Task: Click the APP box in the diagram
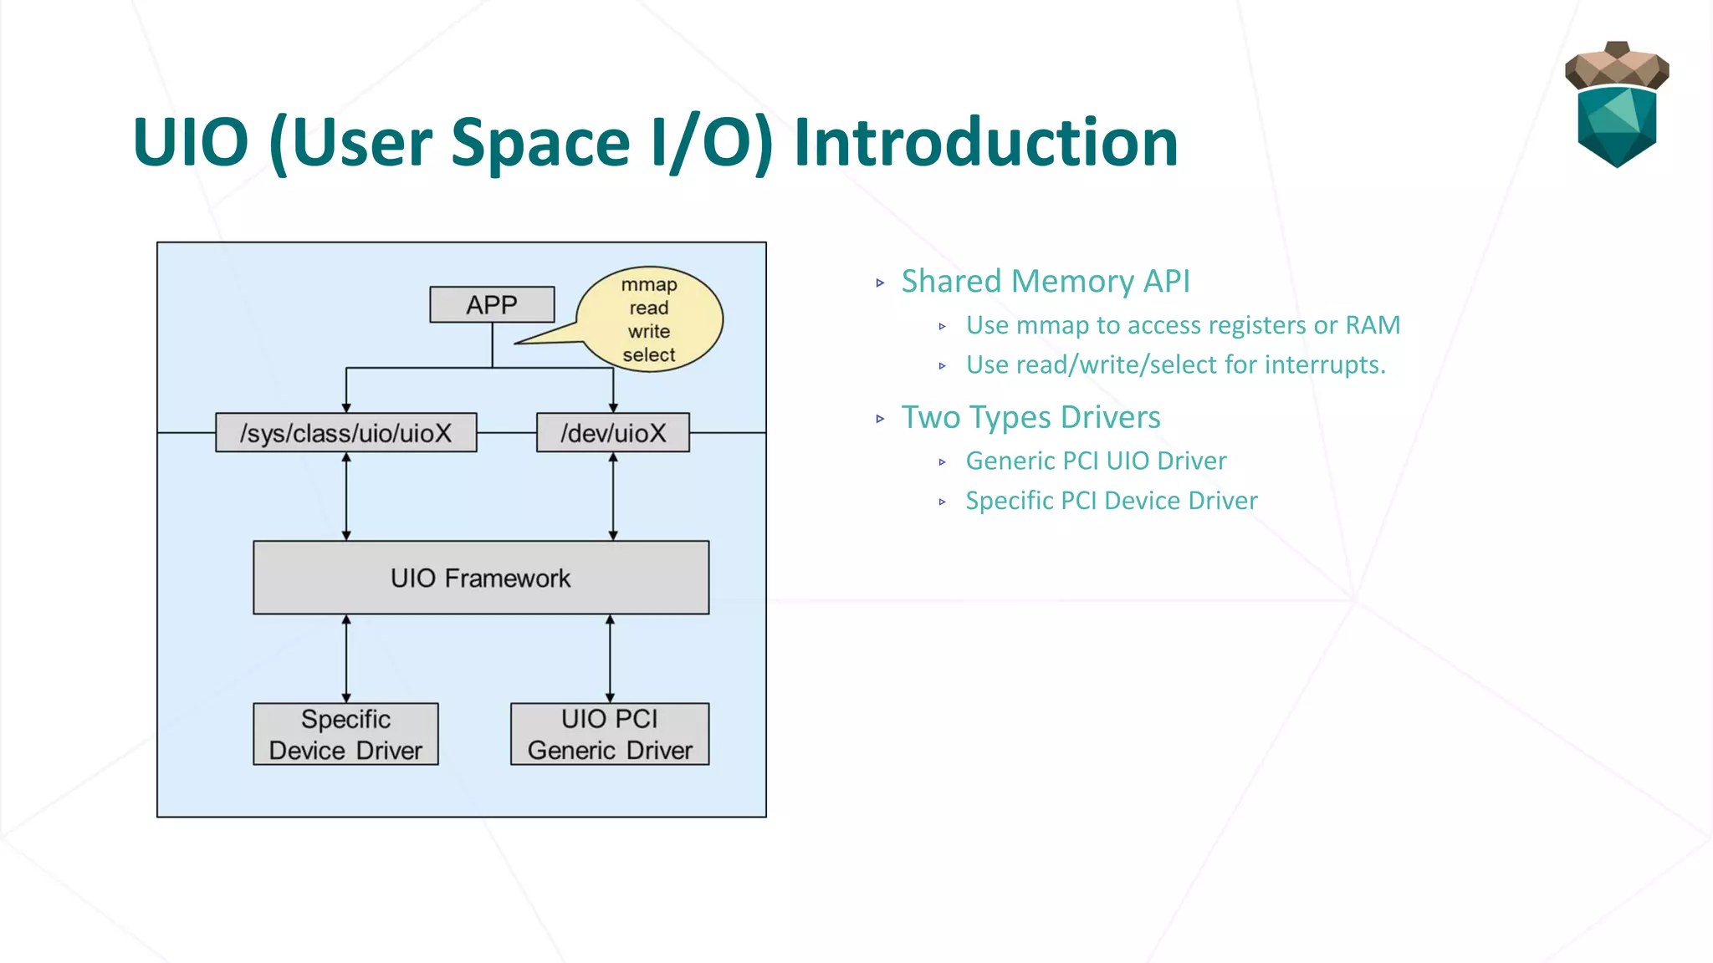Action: click(492, 304)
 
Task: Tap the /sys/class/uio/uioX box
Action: click(345, 433)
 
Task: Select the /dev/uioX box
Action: click(613, 433)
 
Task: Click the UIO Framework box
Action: click(481, 578)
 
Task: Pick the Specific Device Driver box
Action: click(345, 734)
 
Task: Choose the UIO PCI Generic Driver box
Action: click(610, 734)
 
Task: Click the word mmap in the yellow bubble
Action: click(649, 284)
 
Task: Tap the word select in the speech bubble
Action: click(649, 354)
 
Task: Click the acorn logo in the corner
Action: click(1617, 104)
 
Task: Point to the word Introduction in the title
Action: click(985, 142)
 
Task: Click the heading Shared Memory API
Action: click(1046, 281)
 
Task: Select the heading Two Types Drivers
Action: click(1030, 417)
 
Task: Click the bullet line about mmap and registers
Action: click(1183, 324)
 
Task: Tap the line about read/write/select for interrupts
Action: click(1175, 364)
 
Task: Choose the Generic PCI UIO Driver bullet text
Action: click(1096, 461)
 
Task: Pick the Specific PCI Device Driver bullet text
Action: click(1111, 501)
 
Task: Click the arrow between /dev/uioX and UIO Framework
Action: click(613, 497)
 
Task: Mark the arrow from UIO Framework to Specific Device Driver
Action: click(346, 659)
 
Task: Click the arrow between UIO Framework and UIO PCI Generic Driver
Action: click(610, 659)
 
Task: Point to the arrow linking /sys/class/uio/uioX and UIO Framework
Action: click(346, 497)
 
